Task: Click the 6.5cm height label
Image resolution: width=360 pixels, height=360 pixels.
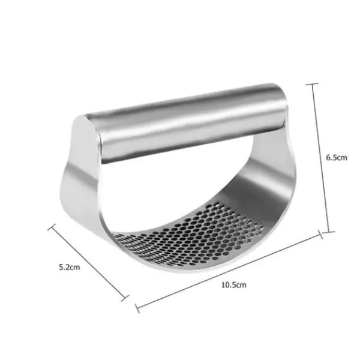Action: click(337, 157)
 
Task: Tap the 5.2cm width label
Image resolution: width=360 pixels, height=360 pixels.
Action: click(70, 267)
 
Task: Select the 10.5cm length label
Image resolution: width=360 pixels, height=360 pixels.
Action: click(234, 285)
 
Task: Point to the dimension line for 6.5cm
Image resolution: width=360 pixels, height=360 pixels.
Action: click(320, 158)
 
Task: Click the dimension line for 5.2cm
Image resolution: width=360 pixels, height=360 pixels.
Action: click(88, 263)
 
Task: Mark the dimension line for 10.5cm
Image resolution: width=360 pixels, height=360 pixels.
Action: click(229, 271)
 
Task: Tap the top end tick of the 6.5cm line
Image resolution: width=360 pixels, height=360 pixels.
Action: click(311, 84)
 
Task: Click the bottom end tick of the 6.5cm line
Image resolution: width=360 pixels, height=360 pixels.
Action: click(328, 232)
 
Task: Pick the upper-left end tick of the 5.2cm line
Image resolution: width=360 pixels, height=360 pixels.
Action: click(52, 227)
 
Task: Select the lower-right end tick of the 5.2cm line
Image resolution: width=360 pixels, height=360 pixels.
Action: click(125, 298)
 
